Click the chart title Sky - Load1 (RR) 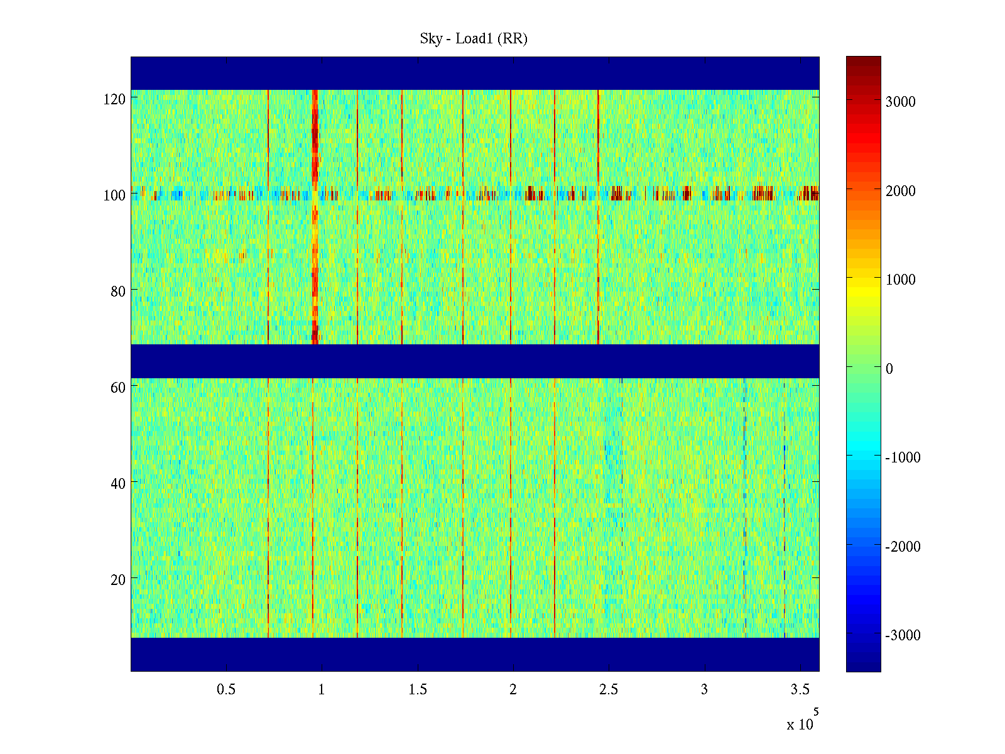pyautogui.click(x=474, y=39)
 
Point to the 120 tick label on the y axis pyautogui.click(x=114, y=99)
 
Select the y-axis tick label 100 pyautogui.click(x=114, y=195)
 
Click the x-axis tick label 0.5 pyautogui.click(x=226, y=690)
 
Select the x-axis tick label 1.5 pyautogui.click(x=418, y=690)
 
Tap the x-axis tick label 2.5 pyautogui.click(x=609, y=690)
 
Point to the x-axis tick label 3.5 pyautogui.click(x=800, y=690)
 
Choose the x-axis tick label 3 pyautogui.click(x=704, y=690)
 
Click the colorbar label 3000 pyautogui.click(x=900, y=102)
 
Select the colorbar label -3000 pyautogui.click(x=903, y=636)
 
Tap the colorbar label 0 pyautogui.click(x=889, y=369)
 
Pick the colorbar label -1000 pyautogui.click(x=903, y=458)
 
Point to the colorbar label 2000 pyautogui.click(x=900, y=191)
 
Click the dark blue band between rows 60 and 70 pyautogui.click(x=475, y=361)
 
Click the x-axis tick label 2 pyautogui.click(x=513, y=690)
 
